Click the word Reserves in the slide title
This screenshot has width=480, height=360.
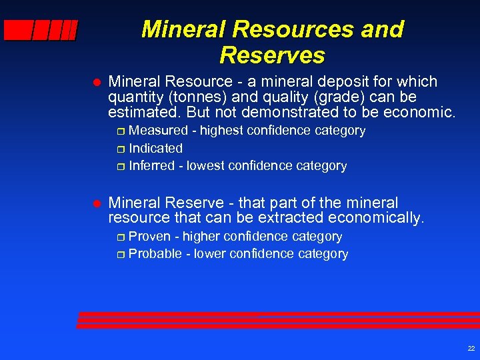272,55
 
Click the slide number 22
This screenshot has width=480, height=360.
471,348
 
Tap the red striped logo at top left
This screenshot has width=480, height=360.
41,31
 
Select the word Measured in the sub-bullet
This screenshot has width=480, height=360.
159,131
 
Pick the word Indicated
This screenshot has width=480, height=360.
155,148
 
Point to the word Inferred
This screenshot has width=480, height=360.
153,165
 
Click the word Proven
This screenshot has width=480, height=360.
149,237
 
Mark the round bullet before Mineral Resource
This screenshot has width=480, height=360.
95,83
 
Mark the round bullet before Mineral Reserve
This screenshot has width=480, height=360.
95,203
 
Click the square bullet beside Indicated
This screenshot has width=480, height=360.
120,149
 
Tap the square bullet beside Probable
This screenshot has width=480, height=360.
120,255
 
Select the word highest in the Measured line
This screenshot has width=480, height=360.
223,131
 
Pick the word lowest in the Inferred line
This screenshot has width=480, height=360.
207,165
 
